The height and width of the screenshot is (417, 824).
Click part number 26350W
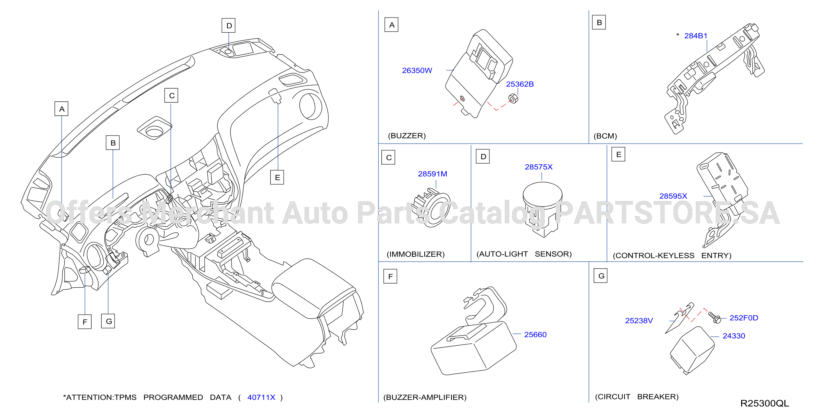coord(417,71)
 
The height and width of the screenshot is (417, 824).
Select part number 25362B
coord(520,84)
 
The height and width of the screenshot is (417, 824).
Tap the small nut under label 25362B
coord(513,99)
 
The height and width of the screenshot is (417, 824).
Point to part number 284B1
coord(695,36)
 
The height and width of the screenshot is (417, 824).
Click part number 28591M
coord(433,174)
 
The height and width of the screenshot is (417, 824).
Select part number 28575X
coord(539,167)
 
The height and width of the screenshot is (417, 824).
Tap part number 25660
coord(535,334)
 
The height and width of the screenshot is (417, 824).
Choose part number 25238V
coord(639,320)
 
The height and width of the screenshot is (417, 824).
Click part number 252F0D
coord(744,318)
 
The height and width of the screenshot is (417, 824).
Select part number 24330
coord(734,336)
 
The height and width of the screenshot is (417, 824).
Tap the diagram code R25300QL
coord(764,403)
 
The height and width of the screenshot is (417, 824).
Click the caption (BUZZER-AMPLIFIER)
coord(425,397)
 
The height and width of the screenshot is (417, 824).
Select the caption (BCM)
coord(605,136)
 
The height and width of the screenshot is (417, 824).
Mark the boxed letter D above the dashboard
coord(229,26)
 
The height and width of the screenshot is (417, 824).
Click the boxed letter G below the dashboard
coord(108,321)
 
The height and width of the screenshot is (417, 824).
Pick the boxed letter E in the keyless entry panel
coord(619,155)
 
